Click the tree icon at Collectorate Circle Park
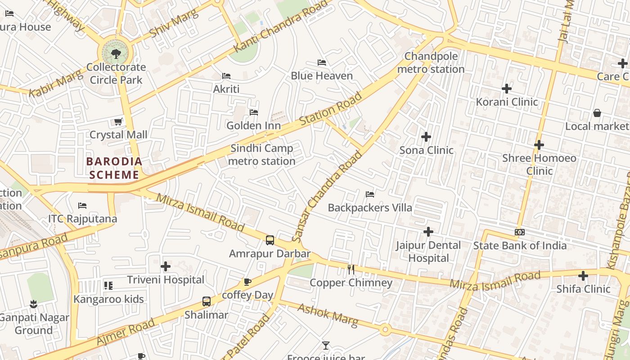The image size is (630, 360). pyautogui.click(x=116, y=54)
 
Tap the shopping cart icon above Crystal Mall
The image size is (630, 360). pyautogui.click(x=118, y=121)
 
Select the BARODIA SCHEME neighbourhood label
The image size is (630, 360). pyautogui.click(x=114, y=168)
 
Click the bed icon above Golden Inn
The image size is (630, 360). pyautogui.click(x=254, y=112)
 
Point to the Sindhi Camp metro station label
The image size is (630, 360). pyautogui.click(x=262, y=154)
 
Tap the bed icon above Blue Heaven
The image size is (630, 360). pyautogui.click(x=321, y=62)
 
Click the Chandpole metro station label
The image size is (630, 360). pyautogui.click(x=431, y=63)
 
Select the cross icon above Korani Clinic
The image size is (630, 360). pyautogui.click(x=507, y=88)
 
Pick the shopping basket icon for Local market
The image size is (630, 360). pyautogui.click(x=597, y=112)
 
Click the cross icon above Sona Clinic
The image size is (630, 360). pyautogui.click(x=426, y=136)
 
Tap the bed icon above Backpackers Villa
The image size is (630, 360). pyautogui.click(x=370, y=194)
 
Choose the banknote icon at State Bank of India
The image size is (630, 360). pyautogui.click(x=520, y=232)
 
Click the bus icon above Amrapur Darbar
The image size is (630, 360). pyautogui.click(x=270, y=240)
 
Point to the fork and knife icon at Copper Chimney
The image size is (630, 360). pyautogui.click(x=351, y=269)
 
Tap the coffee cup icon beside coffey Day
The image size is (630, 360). pyautogui.click(x=247, y=282)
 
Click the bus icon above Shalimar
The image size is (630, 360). pyautogui.click(x=207, y=301)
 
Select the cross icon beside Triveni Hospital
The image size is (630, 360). pyautogui.click(x=166, y=266)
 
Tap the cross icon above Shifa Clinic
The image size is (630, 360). pyautogui.click(x=583, y=275)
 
